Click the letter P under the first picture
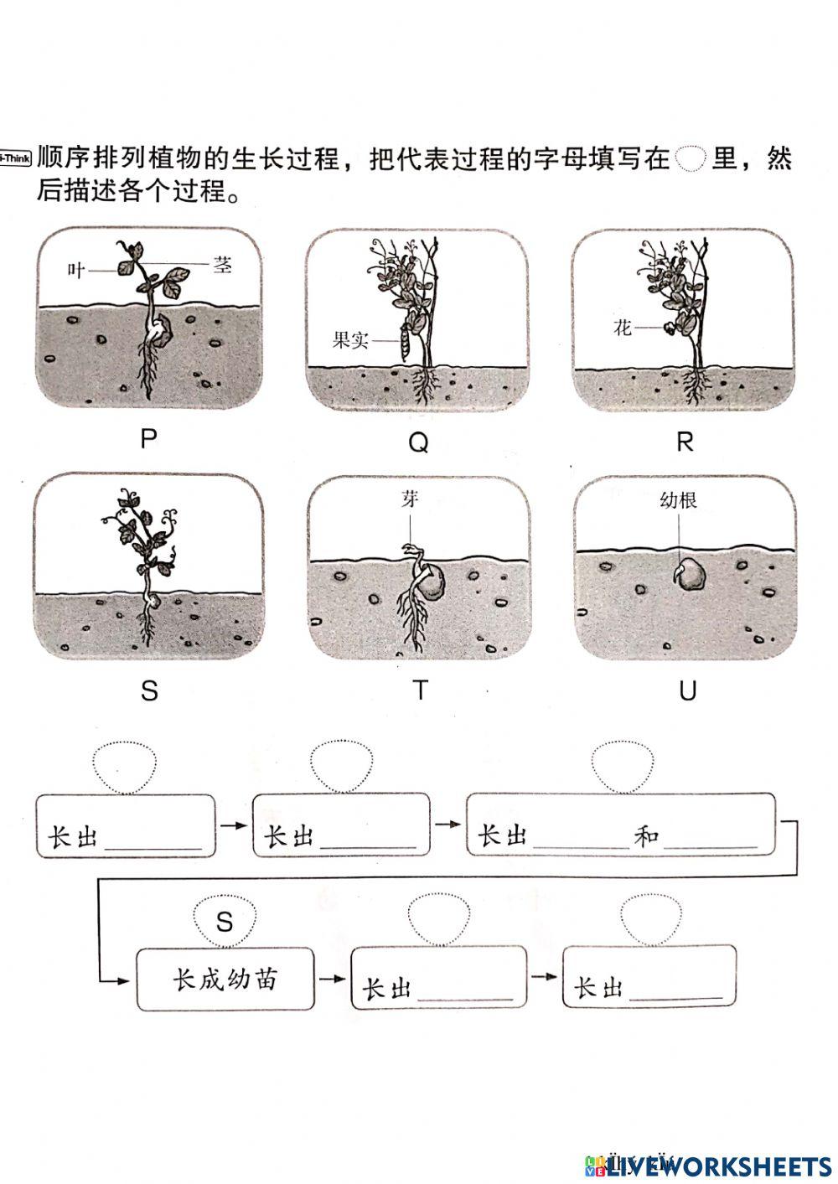coord(149,439)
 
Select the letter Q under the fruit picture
coord(417,442)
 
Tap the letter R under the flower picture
coord(685,442)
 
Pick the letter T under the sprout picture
coord(420,690)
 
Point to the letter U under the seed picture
coord(687,690)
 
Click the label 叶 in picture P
coord(77,271)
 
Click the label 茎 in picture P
coord(222,266)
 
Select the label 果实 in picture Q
coord(350,340)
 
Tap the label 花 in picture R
coord(622,328)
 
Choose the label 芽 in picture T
coord(409,499)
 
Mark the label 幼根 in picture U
coord(678,500)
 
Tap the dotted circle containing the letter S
coord(224,921)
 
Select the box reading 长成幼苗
coord(225,980)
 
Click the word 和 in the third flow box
coord(646,835)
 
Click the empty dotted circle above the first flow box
coord(124,766)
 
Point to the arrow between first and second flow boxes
coord(234,825)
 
